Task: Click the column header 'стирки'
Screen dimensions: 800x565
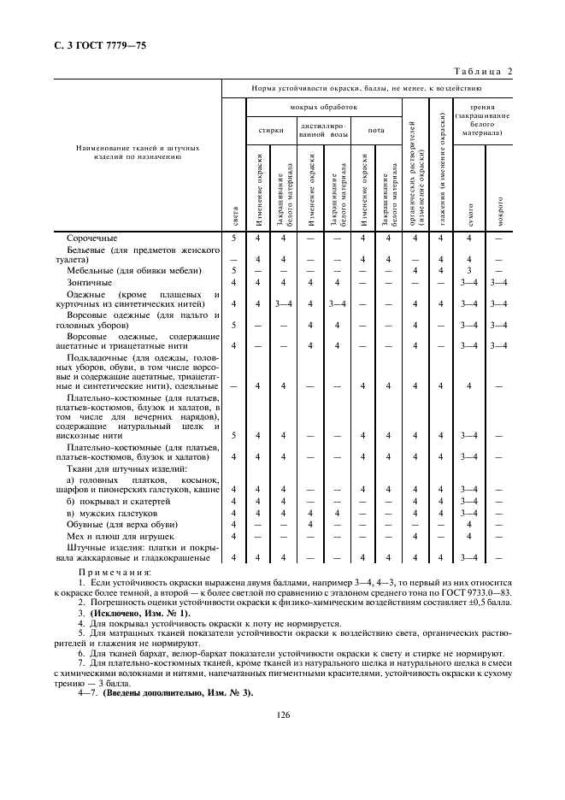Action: (x=272, y=131)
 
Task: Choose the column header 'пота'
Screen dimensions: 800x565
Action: (x=376, y=131)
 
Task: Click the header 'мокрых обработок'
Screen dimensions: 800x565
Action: (x=324, y=108)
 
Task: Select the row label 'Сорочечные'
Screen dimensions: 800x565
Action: (x=92, y=238)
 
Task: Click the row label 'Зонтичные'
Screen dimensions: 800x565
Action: (x=89, y=282)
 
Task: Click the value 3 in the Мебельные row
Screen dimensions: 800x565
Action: (x=468, y=271)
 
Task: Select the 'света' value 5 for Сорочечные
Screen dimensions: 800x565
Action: (x=233, y=238)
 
